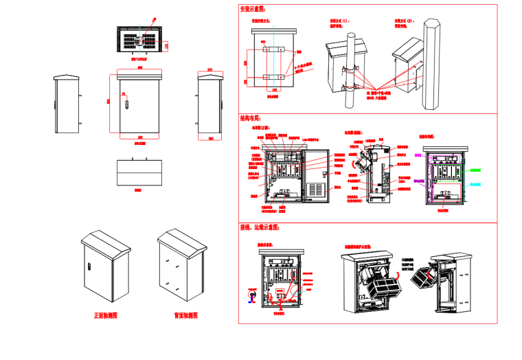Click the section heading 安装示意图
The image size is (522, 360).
point(252,10)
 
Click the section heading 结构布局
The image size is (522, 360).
point(251,118)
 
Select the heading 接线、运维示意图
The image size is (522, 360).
point(260,227)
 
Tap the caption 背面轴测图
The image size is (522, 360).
point(185,316)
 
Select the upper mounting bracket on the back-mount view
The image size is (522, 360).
point(274,49)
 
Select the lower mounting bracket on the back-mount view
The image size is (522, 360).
point(274,76)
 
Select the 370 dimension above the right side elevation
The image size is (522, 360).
point(210,69)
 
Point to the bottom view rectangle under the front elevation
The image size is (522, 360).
point(137,172)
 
